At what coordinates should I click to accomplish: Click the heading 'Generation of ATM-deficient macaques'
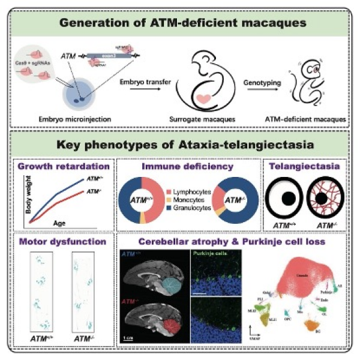[179, 23]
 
